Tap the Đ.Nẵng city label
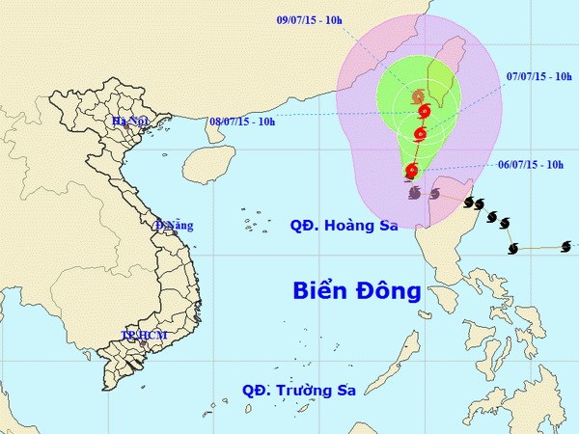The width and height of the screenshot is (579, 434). pyautogui.click(x=174, y=226)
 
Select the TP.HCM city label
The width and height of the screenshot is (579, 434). pyautogui.click(x=144, y=335)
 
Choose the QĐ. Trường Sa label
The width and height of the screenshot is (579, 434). pyautogui.click(x=299, y=391)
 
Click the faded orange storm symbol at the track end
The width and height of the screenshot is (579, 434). pyautogui.click(x=417, y=97)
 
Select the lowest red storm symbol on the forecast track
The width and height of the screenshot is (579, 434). pyautogui.click(x=412, y=172)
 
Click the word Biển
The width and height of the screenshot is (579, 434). pyautogui.click(x=321, y=290)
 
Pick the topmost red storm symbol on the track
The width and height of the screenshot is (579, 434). pyautogui.click(x=424, y=114)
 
